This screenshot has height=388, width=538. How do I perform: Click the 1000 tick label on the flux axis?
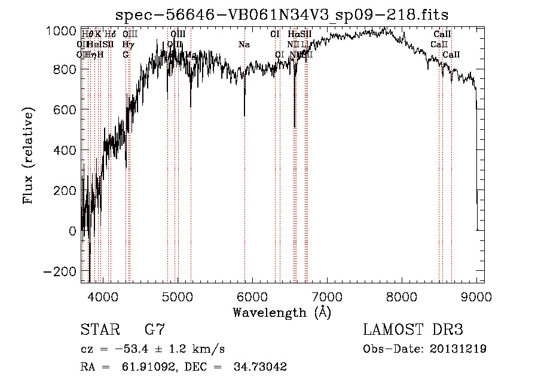[x=61, y=30]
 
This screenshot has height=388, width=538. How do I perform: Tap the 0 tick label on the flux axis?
[x=72, y=231]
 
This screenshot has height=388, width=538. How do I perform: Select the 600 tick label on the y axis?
[x=65, y=110]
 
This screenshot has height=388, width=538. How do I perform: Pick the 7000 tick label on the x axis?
[x=327, y=296]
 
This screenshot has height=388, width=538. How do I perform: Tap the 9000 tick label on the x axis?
[x=476, y=296]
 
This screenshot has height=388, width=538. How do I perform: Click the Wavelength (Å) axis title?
[x=282, y=312]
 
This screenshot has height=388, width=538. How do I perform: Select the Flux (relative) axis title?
[x=29, y=155]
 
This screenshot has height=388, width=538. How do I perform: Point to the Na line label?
[x=244, y=45]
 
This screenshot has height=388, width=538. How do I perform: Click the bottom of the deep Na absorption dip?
[x=244, y=115]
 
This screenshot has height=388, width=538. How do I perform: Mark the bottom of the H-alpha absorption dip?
[x=295, y=126]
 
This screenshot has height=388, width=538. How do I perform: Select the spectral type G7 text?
[x=155, y=329]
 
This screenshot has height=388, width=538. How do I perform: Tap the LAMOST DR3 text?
[x=412, y=329]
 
